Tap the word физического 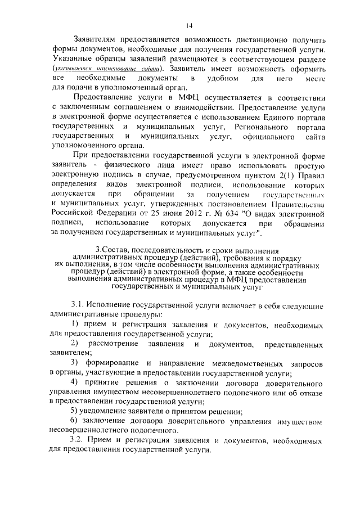(129, 165)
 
